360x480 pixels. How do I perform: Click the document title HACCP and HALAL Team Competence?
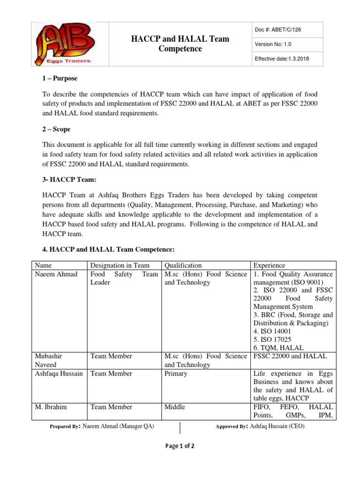(180, 44)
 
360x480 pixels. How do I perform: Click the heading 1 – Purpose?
(60, 78)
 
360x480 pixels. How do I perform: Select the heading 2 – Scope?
(57, 129)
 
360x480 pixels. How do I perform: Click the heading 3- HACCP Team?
(69, 180)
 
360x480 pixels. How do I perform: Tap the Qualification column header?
(183, 265)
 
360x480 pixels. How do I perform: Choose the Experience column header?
(269, 265)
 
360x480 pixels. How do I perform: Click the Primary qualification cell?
(176, 374)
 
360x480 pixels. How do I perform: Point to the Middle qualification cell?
(175, 407)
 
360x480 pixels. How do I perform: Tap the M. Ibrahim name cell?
(51, 407)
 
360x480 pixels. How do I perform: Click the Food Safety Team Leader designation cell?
(124, 278)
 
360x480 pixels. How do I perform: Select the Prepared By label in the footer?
(65, 427)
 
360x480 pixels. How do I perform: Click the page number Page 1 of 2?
(180, 446)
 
